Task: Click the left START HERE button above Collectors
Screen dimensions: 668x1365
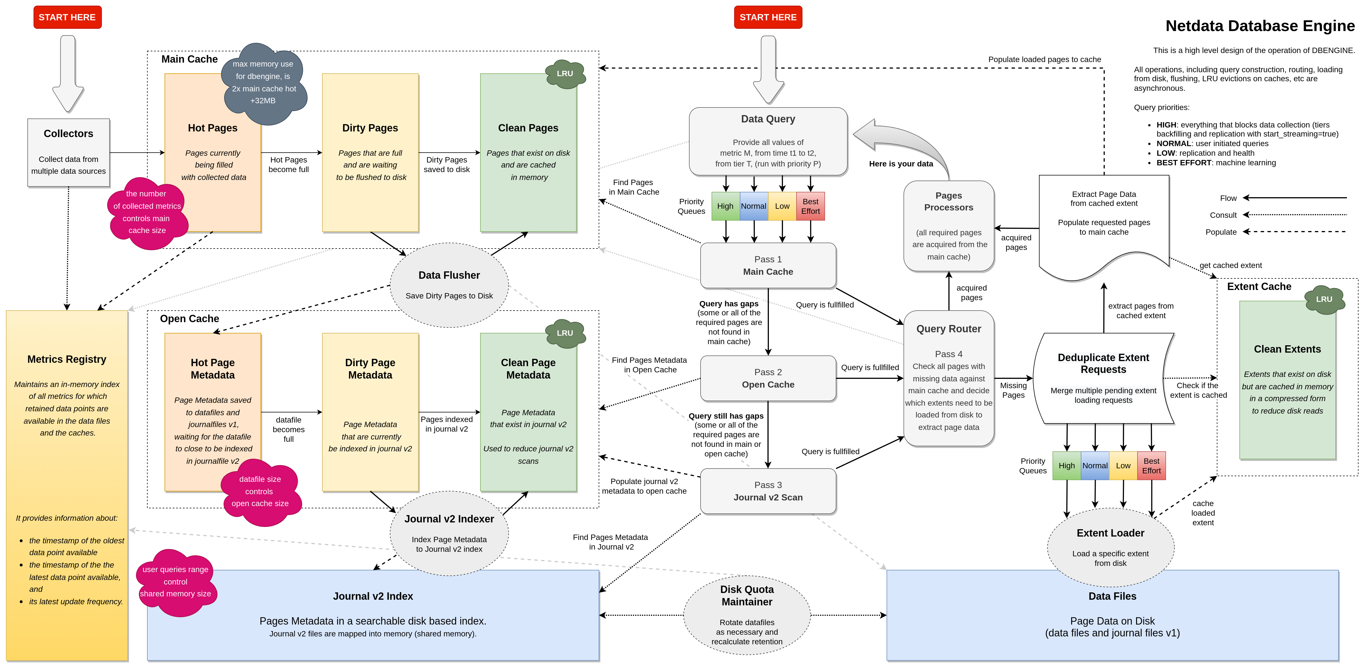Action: pyautogui.click(x=67, y=17)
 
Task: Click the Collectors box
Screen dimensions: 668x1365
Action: pyautogui.click(x=68, y=153)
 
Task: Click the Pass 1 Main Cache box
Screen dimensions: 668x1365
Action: pyautogui.click(x=768, y=265)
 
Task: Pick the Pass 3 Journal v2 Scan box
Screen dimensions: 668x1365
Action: pyautogui.click(x=768, y=491)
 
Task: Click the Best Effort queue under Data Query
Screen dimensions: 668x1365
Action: pyautogui.click(x=810, y=206)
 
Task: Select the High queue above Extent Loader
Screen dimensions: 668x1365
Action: pyautogui.click(x=1067, y=466)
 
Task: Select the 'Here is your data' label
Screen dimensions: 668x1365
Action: pyautogui.click(x=901, y=164)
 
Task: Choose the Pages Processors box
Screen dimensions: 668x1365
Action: pyautogui.click(x=948, y=226)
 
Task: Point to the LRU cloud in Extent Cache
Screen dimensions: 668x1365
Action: pyautogui.click(x=1324, y=299)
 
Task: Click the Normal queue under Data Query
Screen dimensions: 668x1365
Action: pyautogui.click(x=754, y=206)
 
